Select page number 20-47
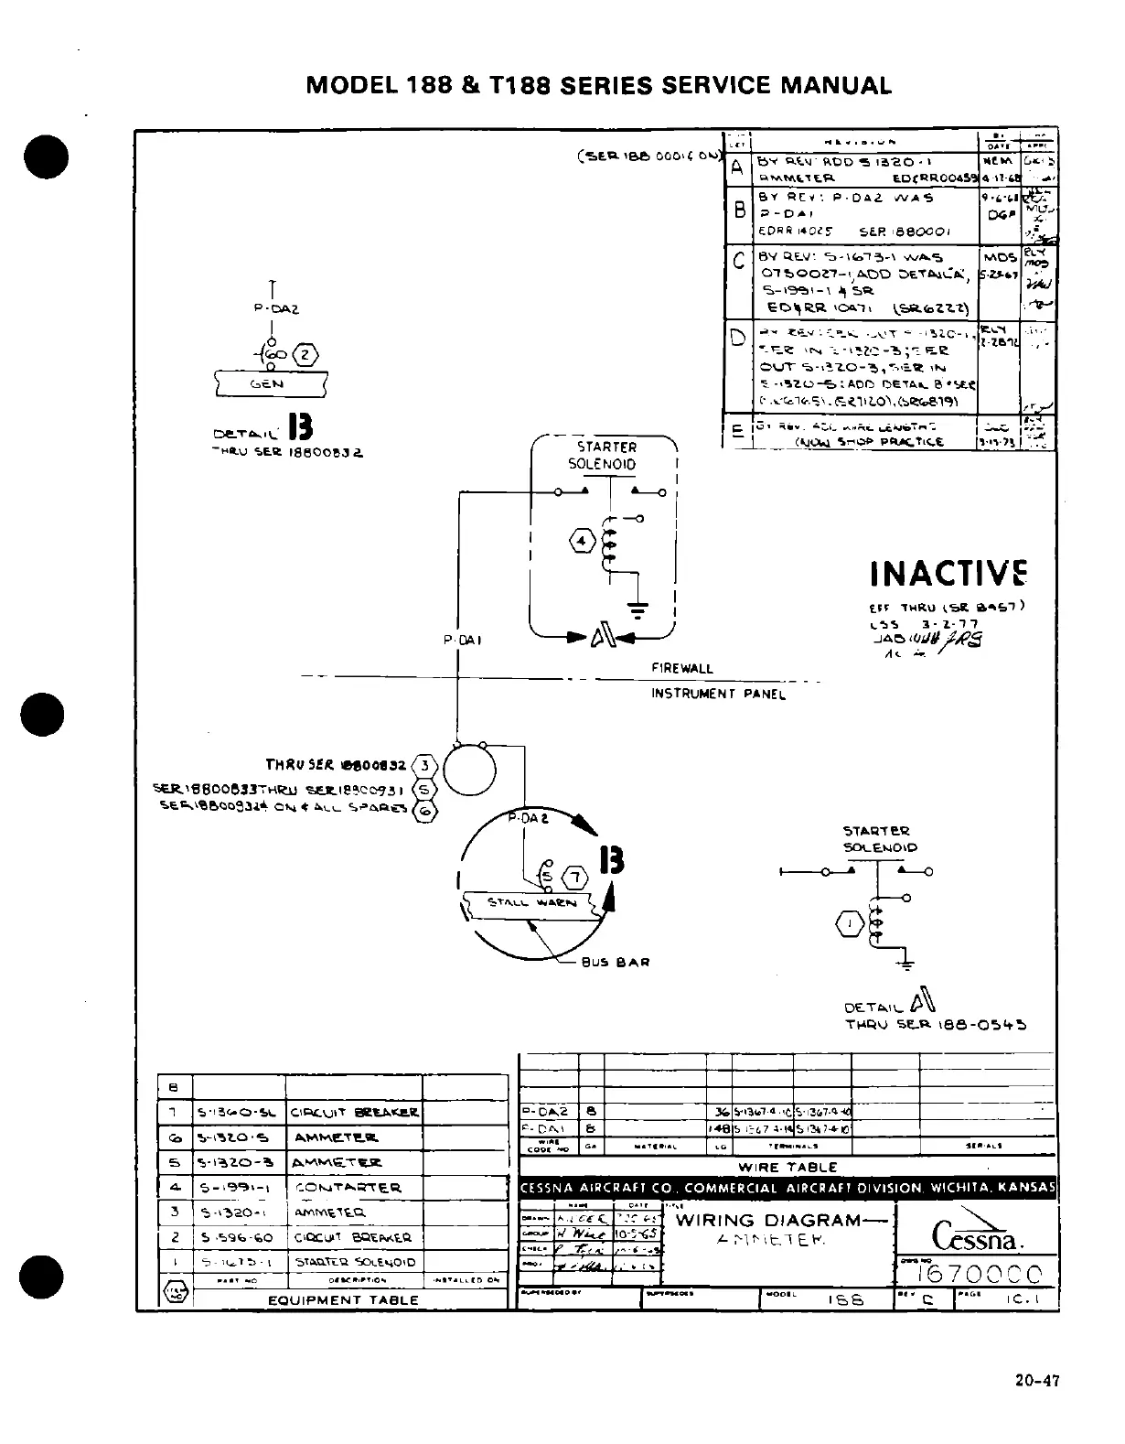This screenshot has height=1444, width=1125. tap(1036, 1381)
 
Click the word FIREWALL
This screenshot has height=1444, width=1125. tap(681, 669)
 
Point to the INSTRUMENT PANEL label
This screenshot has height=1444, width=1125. tap(718, 694)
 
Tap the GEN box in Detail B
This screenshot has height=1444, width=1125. tap(266, 383)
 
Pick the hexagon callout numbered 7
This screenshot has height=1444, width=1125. tap(574, 878)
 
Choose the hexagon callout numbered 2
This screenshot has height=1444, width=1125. tap(306, 355)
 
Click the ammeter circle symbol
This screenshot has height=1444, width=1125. tap(469, 768)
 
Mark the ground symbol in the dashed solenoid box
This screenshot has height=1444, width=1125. tap(637, 607)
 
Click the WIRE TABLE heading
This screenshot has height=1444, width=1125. tap(787, 1167)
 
